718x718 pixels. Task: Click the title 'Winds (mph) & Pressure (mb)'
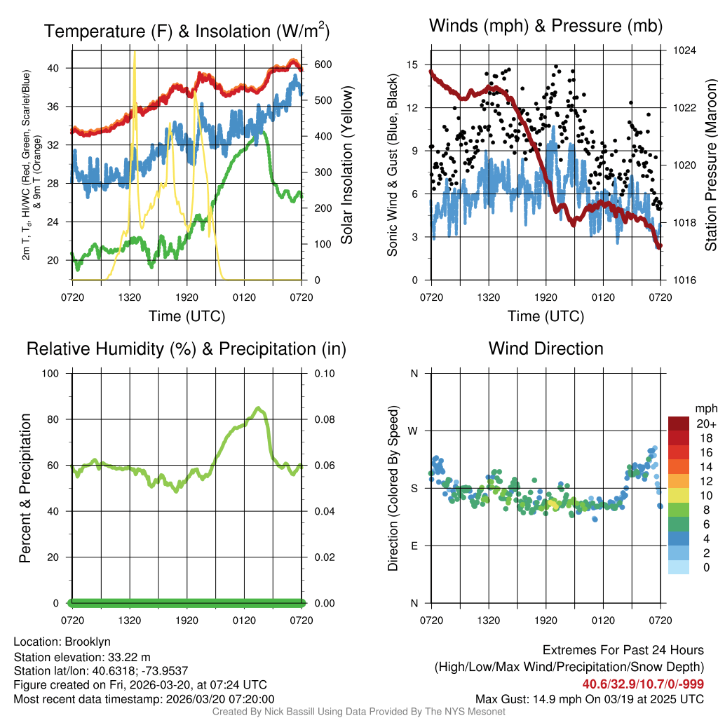546,27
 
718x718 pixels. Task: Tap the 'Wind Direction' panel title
546,348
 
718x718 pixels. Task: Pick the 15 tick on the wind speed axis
412,65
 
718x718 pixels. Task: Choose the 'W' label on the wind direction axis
414,431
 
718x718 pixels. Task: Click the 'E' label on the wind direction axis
414,546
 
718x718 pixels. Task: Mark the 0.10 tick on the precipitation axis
324,373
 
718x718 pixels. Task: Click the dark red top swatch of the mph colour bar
679,424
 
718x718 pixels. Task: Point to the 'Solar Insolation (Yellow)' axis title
346,165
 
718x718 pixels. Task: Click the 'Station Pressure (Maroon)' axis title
710,165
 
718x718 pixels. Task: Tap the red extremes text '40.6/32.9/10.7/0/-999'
643,684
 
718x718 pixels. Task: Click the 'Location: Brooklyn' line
62,642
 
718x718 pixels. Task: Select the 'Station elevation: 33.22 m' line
82,656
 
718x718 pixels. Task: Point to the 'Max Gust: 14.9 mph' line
590,698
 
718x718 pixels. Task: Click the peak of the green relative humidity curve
258,408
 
